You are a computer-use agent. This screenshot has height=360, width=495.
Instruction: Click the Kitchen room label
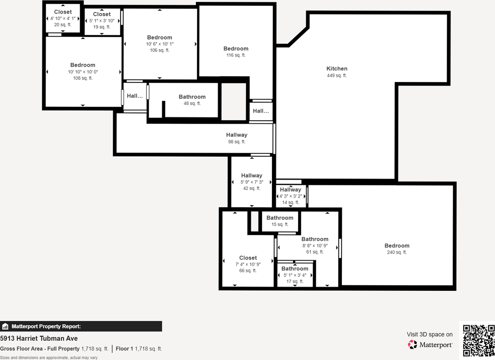tap(337, 69)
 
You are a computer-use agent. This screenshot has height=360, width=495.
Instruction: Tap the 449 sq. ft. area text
tap(337, 76)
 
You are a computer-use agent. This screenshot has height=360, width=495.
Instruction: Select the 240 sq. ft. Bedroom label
tap(397, 246)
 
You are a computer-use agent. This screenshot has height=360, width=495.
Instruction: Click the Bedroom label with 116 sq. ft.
tap(236, 49)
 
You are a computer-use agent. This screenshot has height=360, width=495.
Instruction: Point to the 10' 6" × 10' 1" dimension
tap(159, 44)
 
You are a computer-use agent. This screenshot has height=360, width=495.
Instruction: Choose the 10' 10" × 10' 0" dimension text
tap(83, 72)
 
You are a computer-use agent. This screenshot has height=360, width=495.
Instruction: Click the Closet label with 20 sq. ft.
tap(63, 12)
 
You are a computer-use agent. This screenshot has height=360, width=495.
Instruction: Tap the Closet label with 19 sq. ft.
tap(102, 14)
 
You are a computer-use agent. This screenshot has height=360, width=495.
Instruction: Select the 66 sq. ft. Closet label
tap(248, 258)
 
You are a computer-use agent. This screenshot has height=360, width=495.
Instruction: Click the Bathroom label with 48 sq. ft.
tap(192, 97)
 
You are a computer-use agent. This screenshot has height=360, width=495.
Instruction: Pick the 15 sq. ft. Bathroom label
tap(280, 218)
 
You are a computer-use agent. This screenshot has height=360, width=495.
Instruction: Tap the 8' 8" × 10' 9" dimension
tap(315, 246)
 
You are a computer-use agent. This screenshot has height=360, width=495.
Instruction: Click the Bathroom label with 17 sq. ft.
tap(295, 269)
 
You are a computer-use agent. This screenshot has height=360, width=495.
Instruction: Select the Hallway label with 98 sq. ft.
tap(237, 135)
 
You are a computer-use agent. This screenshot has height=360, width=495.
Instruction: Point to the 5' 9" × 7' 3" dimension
tap(252, 182)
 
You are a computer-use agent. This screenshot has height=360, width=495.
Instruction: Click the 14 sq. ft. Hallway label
tap(290, 189)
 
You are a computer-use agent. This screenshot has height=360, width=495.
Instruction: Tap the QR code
tap(479, 340)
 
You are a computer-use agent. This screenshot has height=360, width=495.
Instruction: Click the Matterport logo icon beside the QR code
tap(413, 344)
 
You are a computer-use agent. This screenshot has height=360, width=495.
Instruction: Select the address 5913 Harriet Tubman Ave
tap(39, 339)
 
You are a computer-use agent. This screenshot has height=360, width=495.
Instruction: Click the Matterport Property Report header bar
tap(81, 326)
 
